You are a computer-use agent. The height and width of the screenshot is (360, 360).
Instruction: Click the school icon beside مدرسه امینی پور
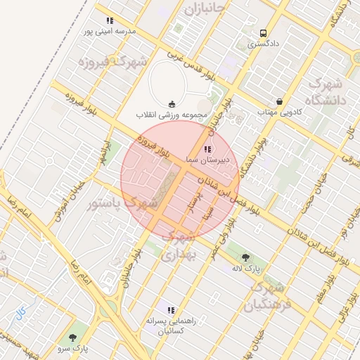click(x=109, y=21)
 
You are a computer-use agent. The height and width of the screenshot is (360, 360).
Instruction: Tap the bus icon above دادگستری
click(x=263, y=33)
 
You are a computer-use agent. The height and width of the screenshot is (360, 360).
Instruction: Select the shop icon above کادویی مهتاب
click(x=280, y=101)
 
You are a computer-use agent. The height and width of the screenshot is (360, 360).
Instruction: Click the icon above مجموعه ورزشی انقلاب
click(x=173, y=104)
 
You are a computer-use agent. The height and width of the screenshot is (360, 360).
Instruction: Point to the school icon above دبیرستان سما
click(x=207, y=149)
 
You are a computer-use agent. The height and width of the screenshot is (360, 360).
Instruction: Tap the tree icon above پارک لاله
click(x=245, y=257)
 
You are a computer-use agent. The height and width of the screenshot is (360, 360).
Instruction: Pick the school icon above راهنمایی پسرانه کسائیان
click(x=169, y=310)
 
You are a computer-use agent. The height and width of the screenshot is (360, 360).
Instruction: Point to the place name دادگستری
click(x=263, y=44)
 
